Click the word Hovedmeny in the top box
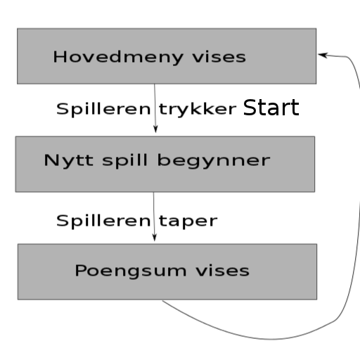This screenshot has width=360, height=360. [x=118, y=57]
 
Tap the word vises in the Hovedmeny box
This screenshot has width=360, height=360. [x=219, y=57]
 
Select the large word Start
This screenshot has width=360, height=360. [x=271, y=108]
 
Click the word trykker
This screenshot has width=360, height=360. [x=198, y=110]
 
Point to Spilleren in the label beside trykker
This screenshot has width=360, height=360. [x=103, y=109]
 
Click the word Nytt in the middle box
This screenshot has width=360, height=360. [x=68, y=161]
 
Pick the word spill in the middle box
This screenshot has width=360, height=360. [x=125, y=161]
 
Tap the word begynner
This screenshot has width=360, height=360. [x=214, y=161]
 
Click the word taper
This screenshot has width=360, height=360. [x=188, y=221]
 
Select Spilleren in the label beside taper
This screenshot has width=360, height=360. [x=103, y=221]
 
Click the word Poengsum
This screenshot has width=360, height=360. [x=131, y=271]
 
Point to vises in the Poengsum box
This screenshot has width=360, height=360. [x=223, y=271]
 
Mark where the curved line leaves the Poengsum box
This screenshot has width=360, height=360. [x=162, y=300]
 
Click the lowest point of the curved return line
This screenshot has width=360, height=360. [x=272, y=339]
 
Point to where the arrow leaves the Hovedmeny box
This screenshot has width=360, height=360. [x=155, y=84]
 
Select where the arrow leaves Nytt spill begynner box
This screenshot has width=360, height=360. [x=153, y=192]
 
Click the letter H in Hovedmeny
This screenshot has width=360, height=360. [x=59, y=57]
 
